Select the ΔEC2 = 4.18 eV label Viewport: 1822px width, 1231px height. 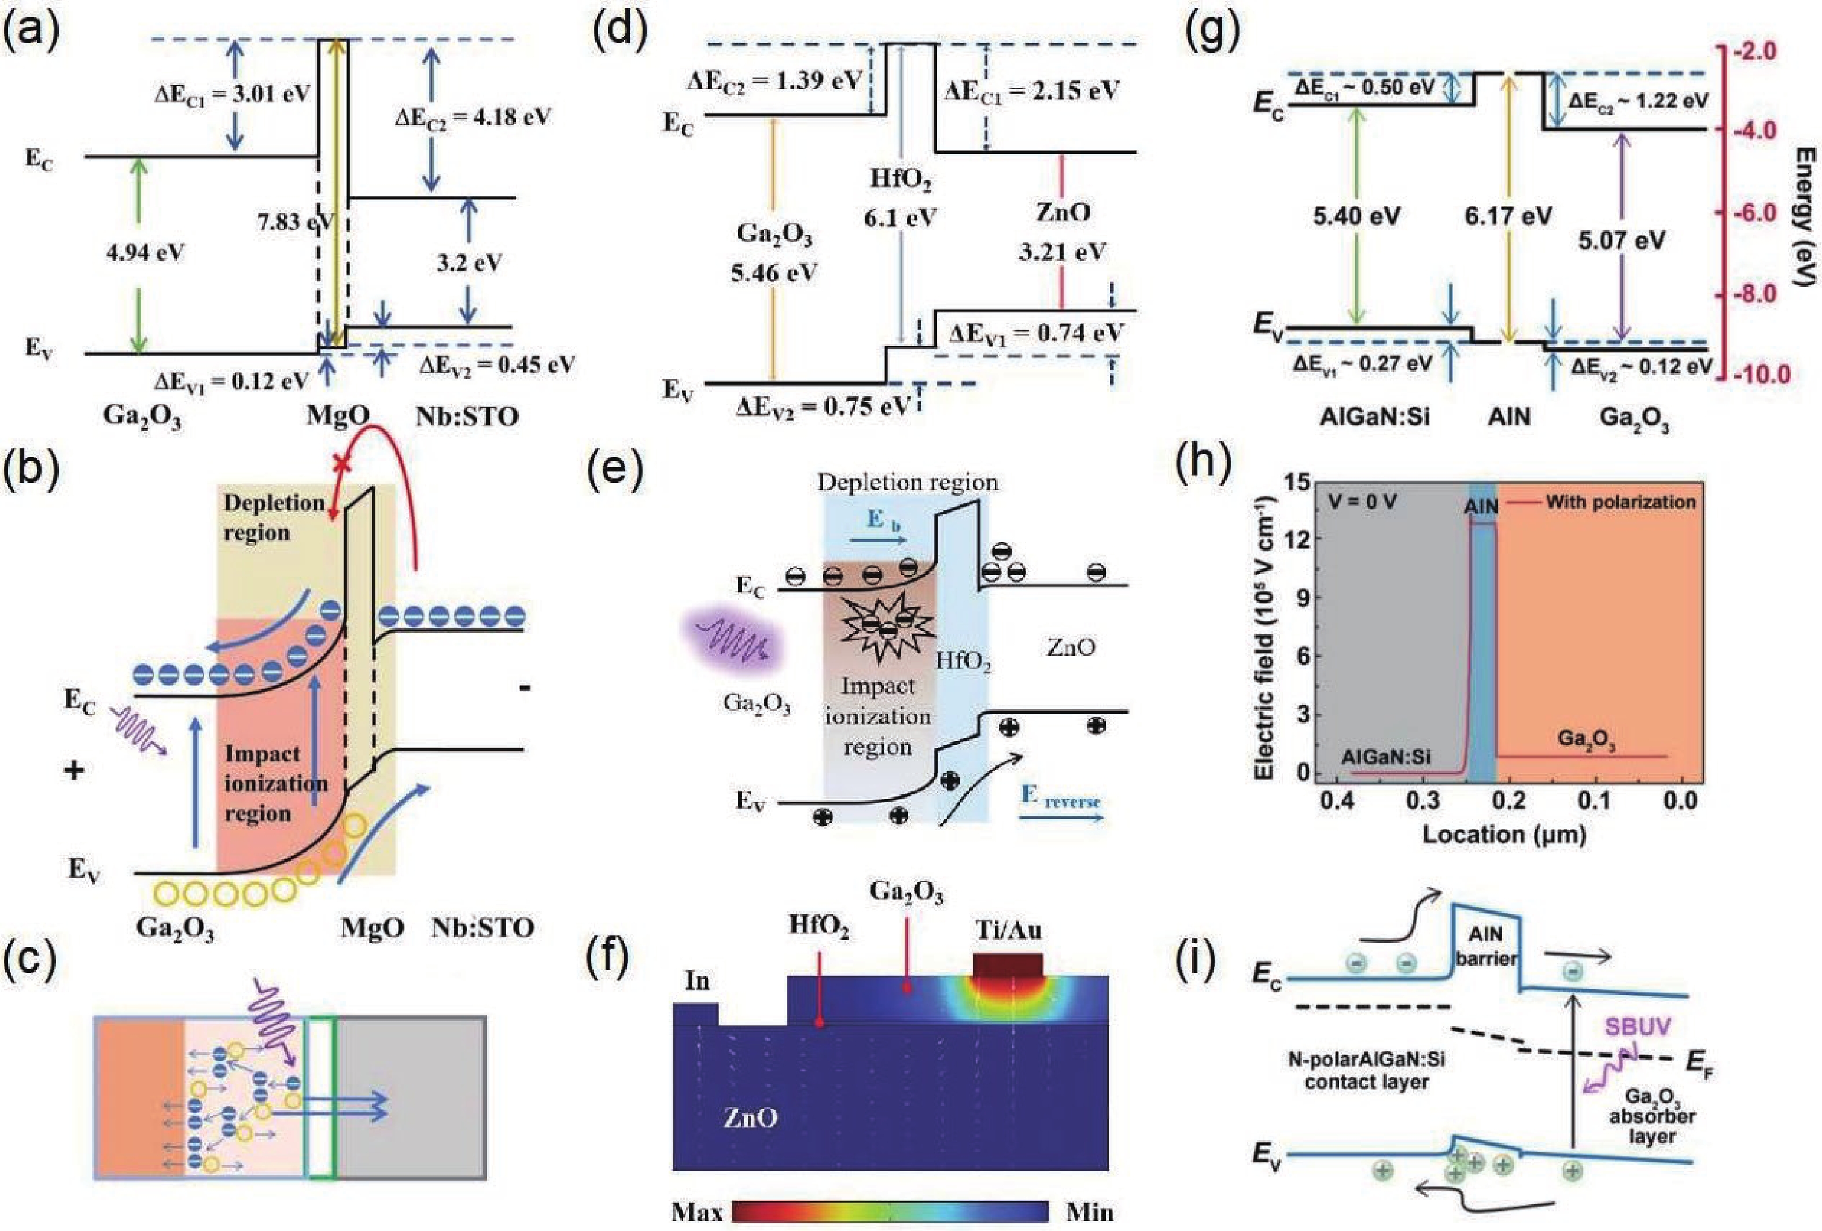pyautogui.click(x=473, y=117)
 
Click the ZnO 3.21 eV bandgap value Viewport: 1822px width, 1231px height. pyautogui.click(x=1063, y=252)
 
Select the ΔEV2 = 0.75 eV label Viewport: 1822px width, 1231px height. pyautogui.click(x=823, y=407)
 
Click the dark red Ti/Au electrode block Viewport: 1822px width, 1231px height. pyautogui.click(x=1008, y=964)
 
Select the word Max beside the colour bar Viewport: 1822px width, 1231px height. pyautogui.click(x=696, y=1212)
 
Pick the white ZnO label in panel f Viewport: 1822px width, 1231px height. pyautogui.click(x=750, y=1116)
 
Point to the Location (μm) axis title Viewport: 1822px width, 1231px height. pyautogui.click(x=1504, y=834)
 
